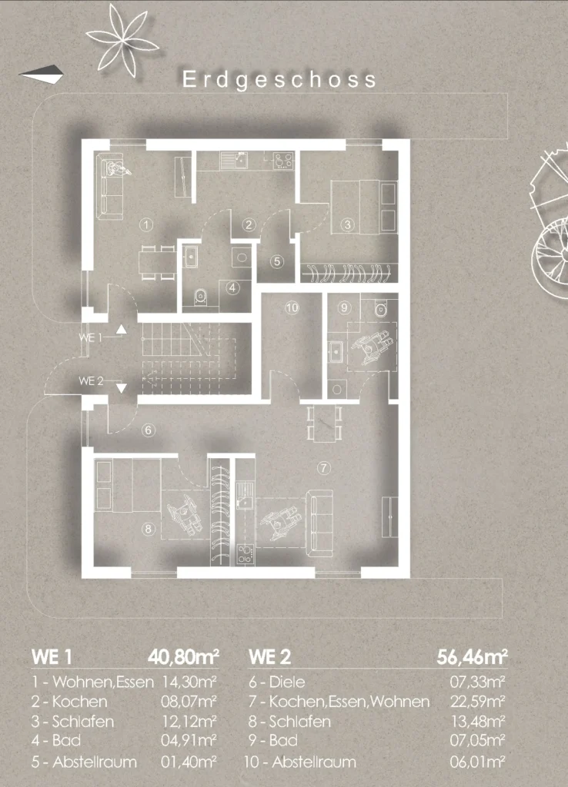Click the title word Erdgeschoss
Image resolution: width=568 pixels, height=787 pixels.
(279, 80)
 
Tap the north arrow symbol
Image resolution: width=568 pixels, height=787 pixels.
(42, 75)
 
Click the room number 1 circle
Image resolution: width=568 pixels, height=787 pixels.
(145, 224)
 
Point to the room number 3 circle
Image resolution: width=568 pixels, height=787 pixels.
(347, 224)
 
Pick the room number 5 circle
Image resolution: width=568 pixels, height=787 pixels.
(276, 261)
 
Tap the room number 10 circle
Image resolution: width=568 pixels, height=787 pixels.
(292, 307)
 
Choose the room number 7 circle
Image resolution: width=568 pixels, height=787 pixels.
(324, 468)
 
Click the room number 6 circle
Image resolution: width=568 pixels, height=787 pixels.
(148, 430)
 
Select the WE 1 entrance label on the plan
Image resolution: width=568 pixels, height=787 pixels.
(91, 337)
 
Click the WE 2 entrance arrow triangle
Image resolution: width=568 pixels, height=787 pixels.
(121, 388)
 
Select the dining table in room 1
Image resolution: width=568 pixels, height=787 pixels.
(157, 262)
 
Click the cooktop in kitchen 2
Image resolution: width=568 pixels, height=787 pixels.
(283, 161)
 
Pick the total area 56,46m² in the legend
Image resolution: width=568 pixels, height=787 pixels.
(472, 656)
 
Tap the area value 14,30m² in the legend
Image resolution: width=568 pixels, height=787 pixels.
(189, 682)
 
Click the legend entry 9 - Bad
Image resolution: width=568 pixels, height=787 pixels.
(273, 740)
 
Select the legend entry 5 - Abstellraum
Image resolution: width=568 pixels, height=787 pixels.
(84, 762)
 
